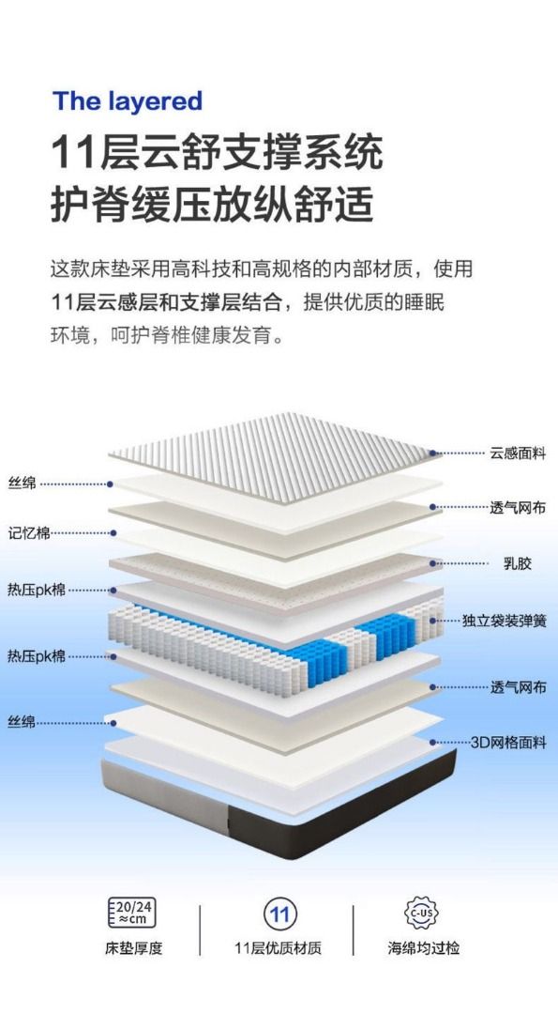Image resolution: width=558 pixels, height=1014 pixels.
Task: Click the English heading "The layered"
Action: tap(128, 101)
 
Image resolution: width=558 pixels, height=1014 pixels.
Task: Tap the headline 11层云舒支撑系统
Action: tap(217, 153)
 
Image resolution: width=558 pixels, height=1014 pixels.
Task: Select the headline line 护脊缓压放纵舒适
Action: tap(213, 205)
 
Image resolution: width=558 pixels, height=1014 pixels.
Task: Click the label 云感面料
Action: tap(518, 453)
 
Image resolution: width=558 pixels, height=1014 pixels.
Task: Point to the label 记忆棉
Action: tap(29, 533)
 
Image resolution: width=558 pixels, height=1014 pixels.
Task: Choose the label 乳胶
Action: tap(518, 563)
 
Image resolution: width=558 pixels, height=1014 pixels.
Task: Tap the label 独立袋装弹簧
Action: tap(505, 621)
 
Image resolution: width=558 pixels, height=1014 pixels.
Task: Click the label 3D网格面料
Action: tap(508, 743)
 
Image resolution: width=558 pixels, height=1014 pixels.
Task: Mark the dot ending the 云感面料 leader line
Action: tap(432, 453)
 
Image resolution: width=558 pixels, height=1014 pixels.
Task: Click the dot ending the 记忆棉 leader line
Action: tap(113, 533)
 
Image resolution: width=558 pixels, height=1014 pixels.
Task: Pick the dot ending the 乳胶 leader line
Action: tap(432, 563)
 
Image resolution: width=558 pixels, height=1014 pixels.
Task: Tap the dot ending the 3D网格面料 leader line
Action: tap(432, 743)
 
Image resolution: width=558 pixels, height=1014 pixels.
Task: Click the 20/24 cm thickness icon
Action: tap(131, 913)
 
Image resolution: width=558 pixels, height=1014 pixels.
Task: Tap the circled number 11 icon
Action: tap(279, 914)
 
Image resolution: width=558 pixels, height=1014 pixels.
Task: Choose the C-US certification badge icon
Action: tap(421, 914)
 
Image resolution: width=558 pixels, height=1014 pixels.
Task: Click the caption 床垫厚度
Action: tap(134, 948)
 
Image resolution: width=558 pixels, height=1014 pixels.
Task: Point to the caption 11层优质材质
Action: tap(278, 948)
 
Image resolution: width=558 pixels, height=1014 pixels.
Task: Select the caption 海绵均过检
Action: tap(424, 948)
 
